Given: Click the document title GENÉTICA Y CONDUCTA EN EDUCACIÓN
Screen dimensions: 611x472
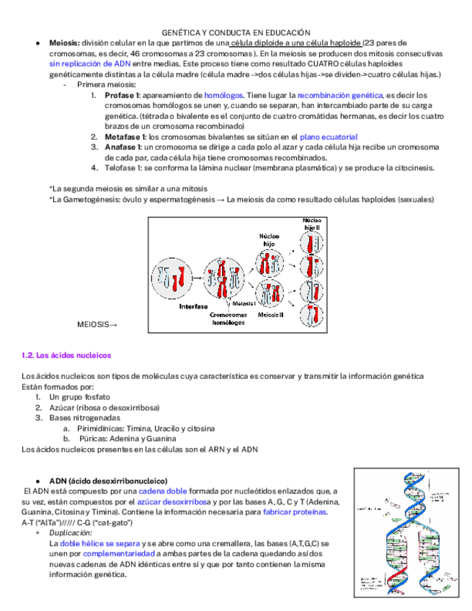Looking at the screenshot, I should point(236,32).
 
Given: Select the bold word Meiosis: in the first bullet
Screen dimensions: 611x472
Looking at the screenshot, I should point(66,43).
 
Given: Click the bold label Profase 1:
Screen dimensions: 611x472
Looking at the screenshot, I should point(125,95).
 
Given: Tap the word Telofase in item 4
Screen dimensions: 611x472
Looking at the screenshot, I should point(120,168).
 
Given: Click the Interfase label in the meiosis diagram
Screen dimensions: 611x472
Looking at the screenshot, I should point(193,306).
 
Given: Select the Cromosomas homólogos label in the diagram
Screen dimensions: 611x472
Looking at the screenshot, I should point(229,318).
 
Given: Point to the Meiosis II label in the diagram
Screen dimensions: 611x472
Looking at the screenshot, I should point(271,314).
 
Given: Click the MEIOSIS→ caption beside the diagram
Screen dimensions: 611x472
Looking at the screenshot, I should point(97,325).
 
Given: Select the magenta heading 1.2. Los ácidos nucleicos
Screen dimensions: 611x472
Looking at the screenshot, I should point(66,355).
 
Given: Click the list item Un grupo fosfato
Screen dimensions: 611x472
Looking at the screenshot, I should point(79,397).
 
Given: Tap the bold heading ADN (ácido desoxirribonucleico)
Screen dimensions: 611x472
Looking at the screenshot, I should point(108,481).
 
